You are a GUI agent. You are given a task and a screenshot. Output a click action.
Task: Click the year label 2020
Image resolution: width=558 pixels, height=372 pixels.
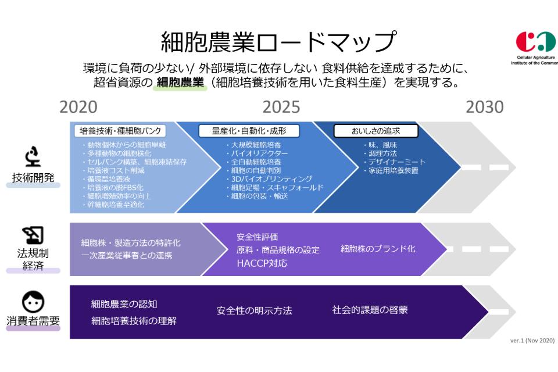[79, 108]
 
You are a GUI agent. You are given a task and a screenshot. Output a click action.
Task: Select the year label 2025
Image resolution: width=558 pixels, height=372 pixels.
[281, 108]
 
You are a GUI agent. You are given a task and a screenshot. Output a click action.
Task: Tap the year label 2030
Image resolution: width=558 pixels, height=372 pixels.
[484, 108]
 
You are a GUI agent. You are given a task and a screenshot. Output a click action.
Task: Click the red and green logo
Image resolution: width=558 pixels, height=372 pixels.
[531, 42]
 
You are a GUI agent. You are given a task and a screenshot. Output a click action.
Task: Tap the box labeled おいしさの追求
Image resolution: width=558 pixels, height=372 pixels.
[375, 131]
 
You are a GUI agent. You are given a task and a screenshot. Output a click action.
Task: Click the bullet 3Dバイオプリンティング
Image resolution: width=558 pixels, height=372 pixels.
[271, 179]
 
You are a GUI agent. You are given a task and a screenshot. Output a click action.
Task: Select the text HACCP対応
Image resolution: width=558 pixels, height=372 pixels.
[262, 263]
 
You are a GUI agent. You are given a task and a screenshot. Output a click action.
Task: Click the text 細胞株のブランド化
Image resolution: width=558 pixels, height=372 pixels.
[378, 249]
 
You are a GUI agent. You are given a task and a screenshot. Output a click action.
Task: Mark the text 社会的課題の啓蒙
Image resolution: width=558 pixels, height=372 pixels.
[370, 309]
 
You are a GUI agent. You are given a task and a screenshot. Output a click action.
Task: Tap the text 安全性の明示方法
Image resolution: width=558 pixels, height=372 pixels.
[254, 311]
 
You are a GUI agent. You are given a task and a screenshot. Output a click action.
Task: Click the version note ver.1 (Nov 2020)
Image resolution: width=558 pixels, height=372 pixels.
[532, 341]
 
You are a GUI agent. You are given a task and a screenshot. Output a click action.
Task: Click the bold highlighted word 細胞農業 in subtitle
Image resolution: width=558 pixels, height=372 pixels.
[180, 83]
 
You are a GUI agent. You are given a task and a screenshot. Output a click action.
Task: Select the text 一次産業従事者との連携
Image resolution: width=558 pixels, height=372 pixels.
[126, 255]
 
